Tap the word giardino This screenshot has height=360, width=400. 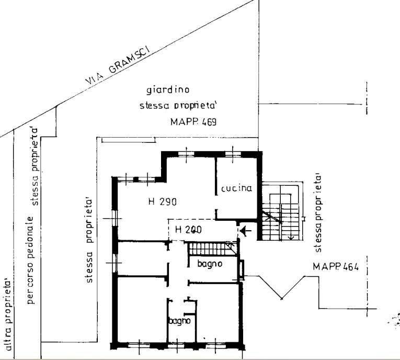(x=168, y=90)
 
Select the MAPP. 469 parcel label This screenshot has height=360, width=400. (x=193, y=122)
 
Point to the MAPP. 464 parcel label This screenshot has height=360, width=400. (x=336, y=267)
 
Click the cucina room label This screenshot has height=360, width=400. (x=236, y=188)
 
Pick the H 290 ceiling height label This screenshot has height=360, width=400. (x=162, y=201)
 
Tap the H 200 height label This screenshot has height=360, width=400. (x=188, y=230)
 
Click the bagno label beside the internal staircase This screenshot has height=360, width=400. (x=210, y=264)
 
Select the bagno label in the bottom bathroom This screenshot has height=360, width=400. (x=179, y=321)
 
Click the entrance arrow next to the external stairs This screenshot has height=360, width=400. (x=246, y=231)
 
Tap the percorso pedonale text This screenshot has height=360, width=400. (x=31, y=260)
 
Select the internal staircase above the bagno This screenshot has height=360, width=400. (x=212, y=249)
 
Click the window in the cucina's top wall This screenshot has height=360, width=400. (x=233, y=154)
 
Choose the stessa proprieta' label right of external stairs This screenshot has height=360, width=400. (x=318, y=213)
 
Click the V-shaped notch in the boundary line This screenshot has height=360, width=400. (x=282, y=298)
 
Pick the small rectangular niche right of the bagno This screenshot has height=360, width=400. (x=242, y=269)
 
